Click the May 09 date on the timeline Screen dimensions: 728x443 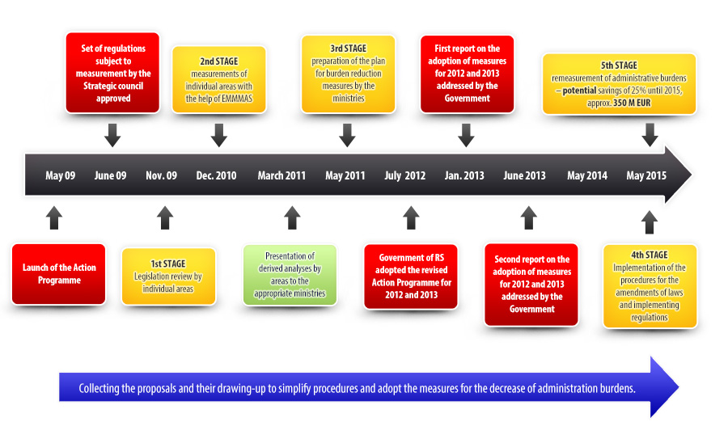click(x=61, y=175)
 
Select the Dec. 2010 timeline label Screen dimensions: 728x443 click(x=216, y=175)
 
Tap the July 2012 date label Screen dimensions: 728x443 click(x=405, y=175)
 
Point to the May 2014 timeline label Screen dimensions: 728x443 click(x=587, y=175)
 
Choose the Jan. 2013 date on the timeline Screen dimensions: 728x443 click(x=464, y=175)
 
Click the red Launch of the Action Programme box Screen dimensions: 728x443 click(x=58, y=274)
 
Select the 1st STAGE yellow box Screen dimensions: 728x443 click(x=168, y=276)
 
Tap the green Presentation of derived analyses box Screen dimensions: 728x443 click(x=290, y=275)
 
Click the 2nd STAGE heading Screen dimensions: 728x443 click(x=219, y=61)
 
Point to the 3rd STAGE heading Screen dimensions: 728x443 click(x=348, y=49)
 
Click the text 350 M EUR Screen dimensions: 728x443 click(x=632, y=103)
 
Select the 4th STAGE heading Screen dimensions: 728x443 click(x=650, y=255)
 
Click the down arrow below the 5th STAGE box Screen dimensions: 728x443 click(x=650, y=135)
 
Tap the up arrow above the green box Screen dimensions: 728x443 click(x=292, y=217)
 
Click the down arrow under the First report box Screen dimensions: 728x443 click(x=466, y=135)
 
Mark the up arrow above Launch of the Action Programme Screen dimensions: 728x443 click(x=54, y=217)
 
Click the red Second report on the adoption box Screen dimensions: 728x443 click(x=531, y=285)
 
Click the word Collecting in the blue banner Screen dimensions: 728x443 click(x=99, y=388)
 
